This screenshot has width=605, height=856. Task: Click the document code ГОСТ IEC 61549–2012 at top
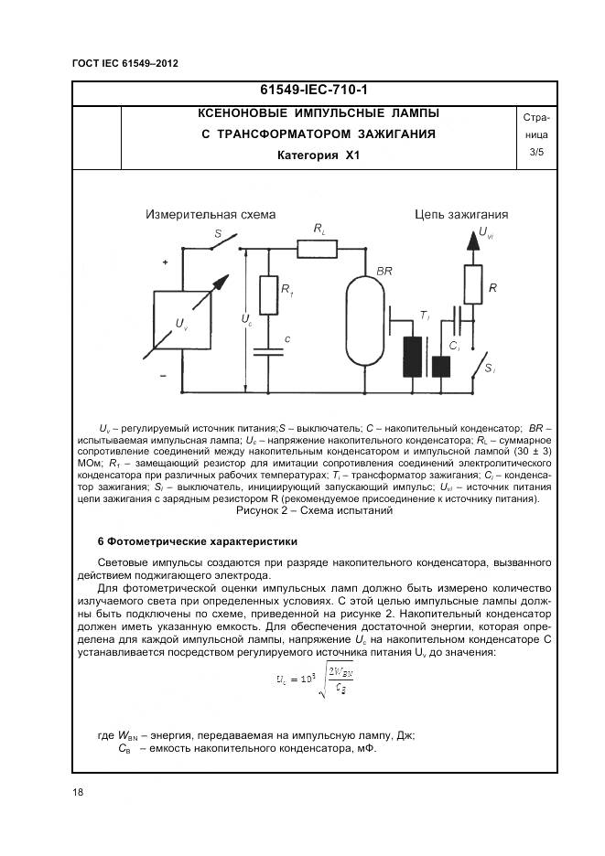[x=124, y=63]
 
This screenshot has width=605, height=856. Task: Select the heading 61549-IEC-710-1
[x=319, y=91]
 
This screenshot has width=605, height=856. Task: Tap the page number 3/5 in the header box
[x=535, y=153]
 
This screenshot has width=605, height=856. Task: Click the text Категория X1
[x=319, y=155]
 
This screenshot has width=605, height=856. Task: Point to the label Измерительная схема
[x=210, y=215]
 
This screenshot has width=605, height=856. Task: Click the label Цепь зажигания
[x=460, y=215]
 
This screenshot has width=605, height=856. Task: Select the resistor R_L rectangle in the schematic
[x=317, y=248]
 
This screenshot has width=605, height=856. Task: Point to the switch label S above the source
[x=218, y=234]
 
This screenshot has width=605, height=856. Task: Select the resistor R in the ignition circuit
[x=472, y=284]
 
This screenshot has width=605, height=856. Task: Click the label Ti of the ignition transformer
[x=424, y=316]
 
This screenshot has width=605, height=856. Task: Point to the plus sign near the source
[x=166, y=262]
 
